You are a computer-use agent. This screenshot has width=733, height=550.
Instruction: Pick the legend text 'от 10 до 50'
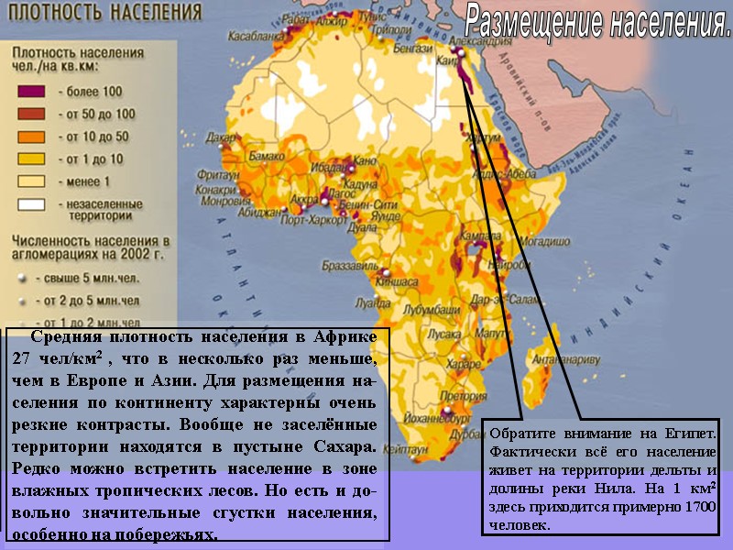click(97, 137)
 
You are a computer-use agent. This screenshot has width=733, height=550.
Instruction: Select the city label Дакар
click(221, 138)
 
